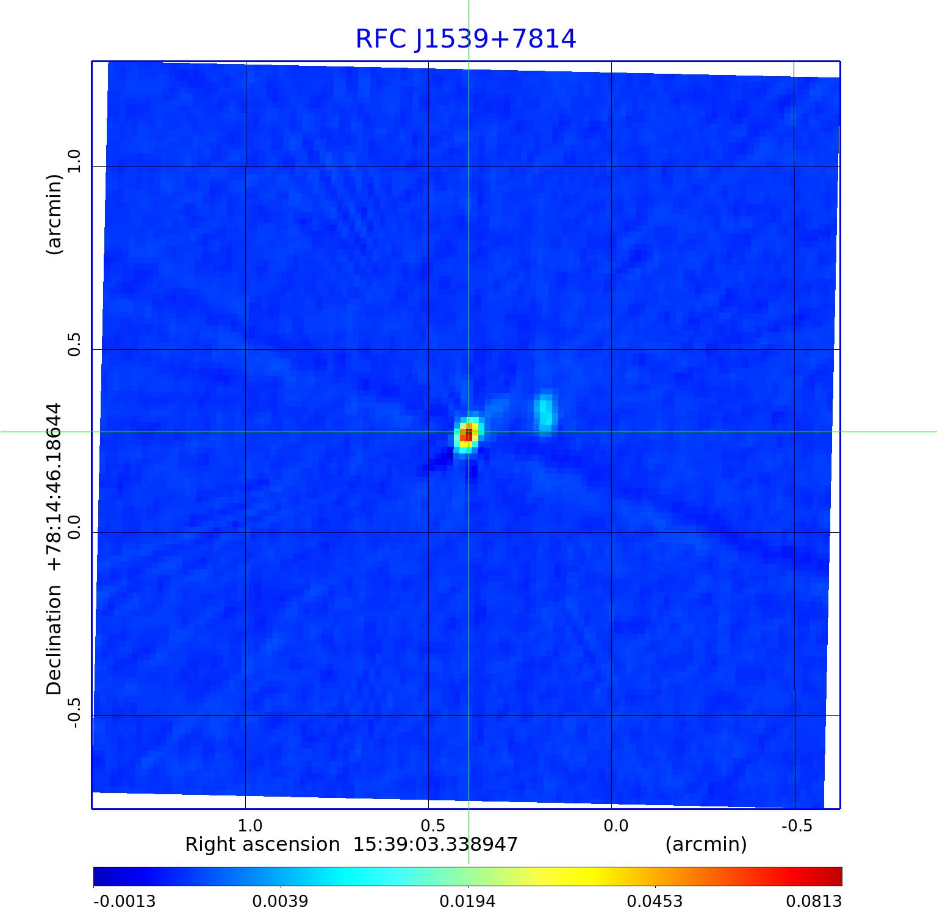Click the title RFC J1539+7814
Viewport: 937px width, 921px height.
coord(465,39)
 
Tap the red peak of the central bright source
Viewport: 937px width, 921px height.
coord(467,435)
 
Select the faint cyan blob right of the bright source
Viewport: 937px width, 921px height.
coord(545,411)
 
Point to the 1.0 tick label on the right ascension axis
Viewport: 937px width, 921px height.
coord(250,825)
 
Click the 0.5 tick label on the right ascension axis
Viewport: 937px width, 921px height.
coord(433,825)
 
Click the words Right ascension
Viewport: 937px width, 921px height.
coord(262,845)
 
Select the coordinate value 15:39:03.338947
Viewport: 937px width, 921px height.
coord(436,845)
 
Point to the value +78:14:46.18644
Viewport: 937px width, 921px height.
coord(55,487)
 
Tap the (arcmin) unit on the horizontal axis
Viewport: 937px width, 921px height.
coord(706,845)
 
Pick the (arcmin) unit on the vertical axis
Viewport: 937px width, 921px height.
coord(55,214)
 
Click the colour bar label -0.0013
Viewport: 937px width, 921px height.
coord(124,901)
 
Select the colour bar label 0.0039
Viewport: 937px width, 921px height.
coord(280,901)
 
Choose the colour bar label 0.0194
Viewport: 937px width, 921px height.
coord(467,901)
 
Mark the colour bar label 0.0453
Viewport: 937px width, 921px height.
coord(655,901)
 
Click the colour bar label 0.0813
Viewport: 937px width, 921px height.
coord(814,901)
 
